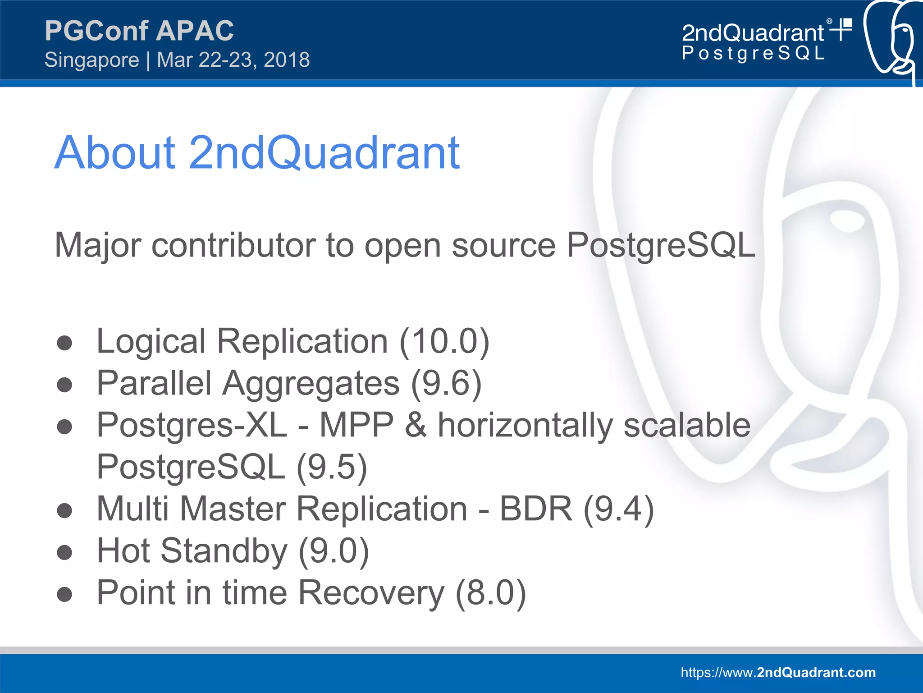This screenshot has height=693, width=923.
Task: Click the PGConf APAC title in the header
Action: coord(139,31)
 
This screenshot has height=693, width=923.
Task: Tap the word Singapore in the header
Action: coord(92,60)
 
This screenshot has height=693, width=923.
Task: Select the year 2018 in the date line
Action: coord(287,60)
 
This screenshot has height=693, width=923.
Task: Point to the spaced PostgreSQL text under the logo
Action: coord(753,53)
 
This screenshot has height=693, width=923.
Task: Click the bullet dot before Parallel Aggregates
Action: coord(65,385)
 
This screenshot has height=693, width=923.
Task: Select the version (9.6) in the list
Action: coord(446,383)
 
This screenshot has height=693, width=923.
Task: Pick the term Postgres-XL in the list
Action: coord(192,425)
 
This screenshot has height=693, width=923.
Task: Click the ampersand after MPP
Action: coord(415,425)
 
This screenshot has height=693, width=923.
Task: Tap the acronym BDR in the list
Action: coord(535,509)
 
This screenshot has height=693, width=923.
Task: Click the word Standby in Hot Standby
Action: coord(224,551)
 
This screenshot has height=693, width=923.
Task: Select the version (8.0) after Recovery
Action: coord(490,592)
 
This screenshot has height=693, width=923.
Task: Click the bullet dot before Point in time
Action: coord(65,594)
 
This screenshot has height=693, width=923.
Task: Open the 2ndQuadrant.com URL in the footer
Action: coord(778,672)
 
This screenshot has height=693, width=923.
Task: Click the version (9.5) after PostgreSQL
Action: coord(332,467)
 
